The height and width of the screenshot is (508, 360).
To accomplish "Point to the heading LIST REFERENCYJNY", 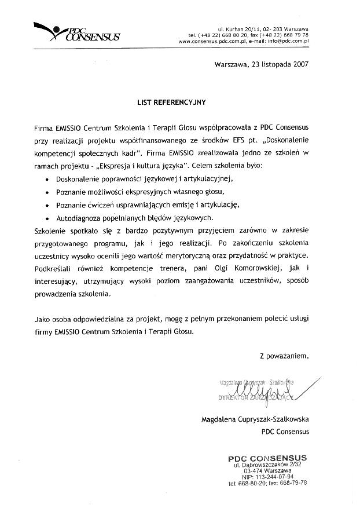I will pyautogui.click(x=171, y=101).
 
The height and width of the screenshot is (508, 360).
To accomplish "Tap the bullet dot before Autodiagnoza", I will pyautogui.click(x=47, y=219).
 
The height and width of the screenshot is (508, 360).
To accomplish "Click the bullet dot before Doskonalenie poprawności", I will pyautogui.click(x=47, y=180).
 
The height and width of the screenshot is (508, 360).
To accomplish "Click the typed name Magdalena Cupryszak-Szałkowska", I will pyautogui.click(x=255, y=419).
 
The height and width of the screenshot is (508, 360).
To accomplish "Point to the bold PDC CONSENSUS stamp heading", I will pyautogui.click(x=267, y=458).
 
